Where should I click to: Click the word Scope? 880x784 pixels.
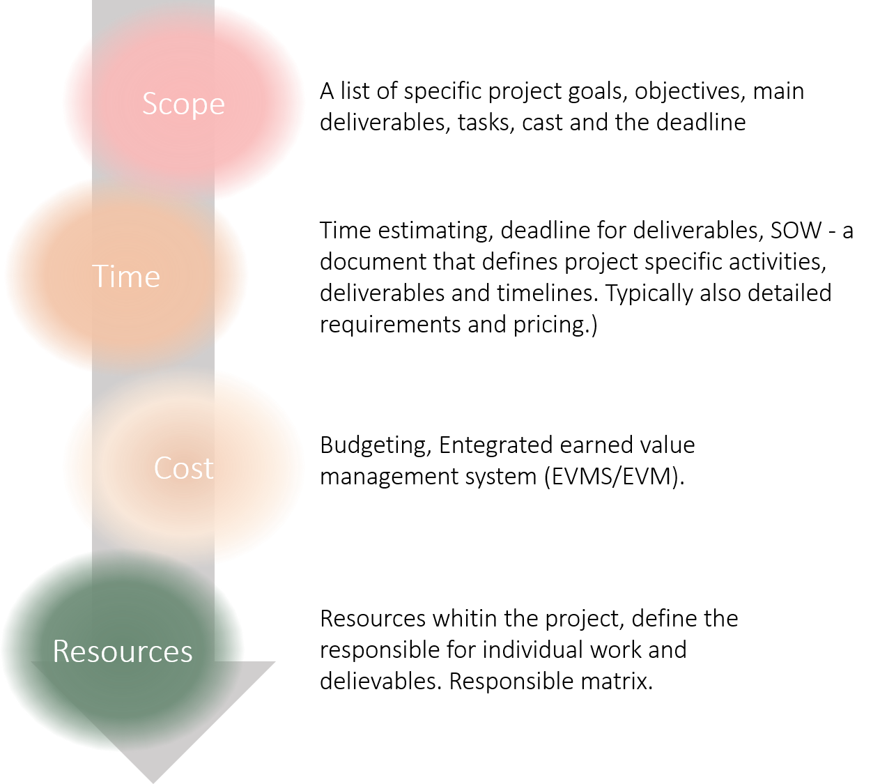[x=183, y=104]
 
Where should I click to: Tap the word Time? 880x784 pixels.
[x=126, y=277]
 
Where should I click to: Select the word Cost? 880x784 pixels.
[x=183, y=468]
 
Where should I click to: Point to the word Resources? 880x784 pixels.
[x=123, y=651]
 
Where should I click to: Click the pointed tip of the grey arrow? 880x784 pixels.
[x=153, y=781]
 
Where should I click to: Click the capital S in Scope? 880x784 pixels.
[x=150, y=104]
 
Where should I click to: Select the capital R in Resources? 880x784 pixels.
[x=61, y=651]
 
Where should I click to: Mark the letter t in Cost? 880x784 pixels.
[x=208, y=468]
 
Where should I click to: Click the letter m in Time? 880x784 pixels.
[x=132, y=279]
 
